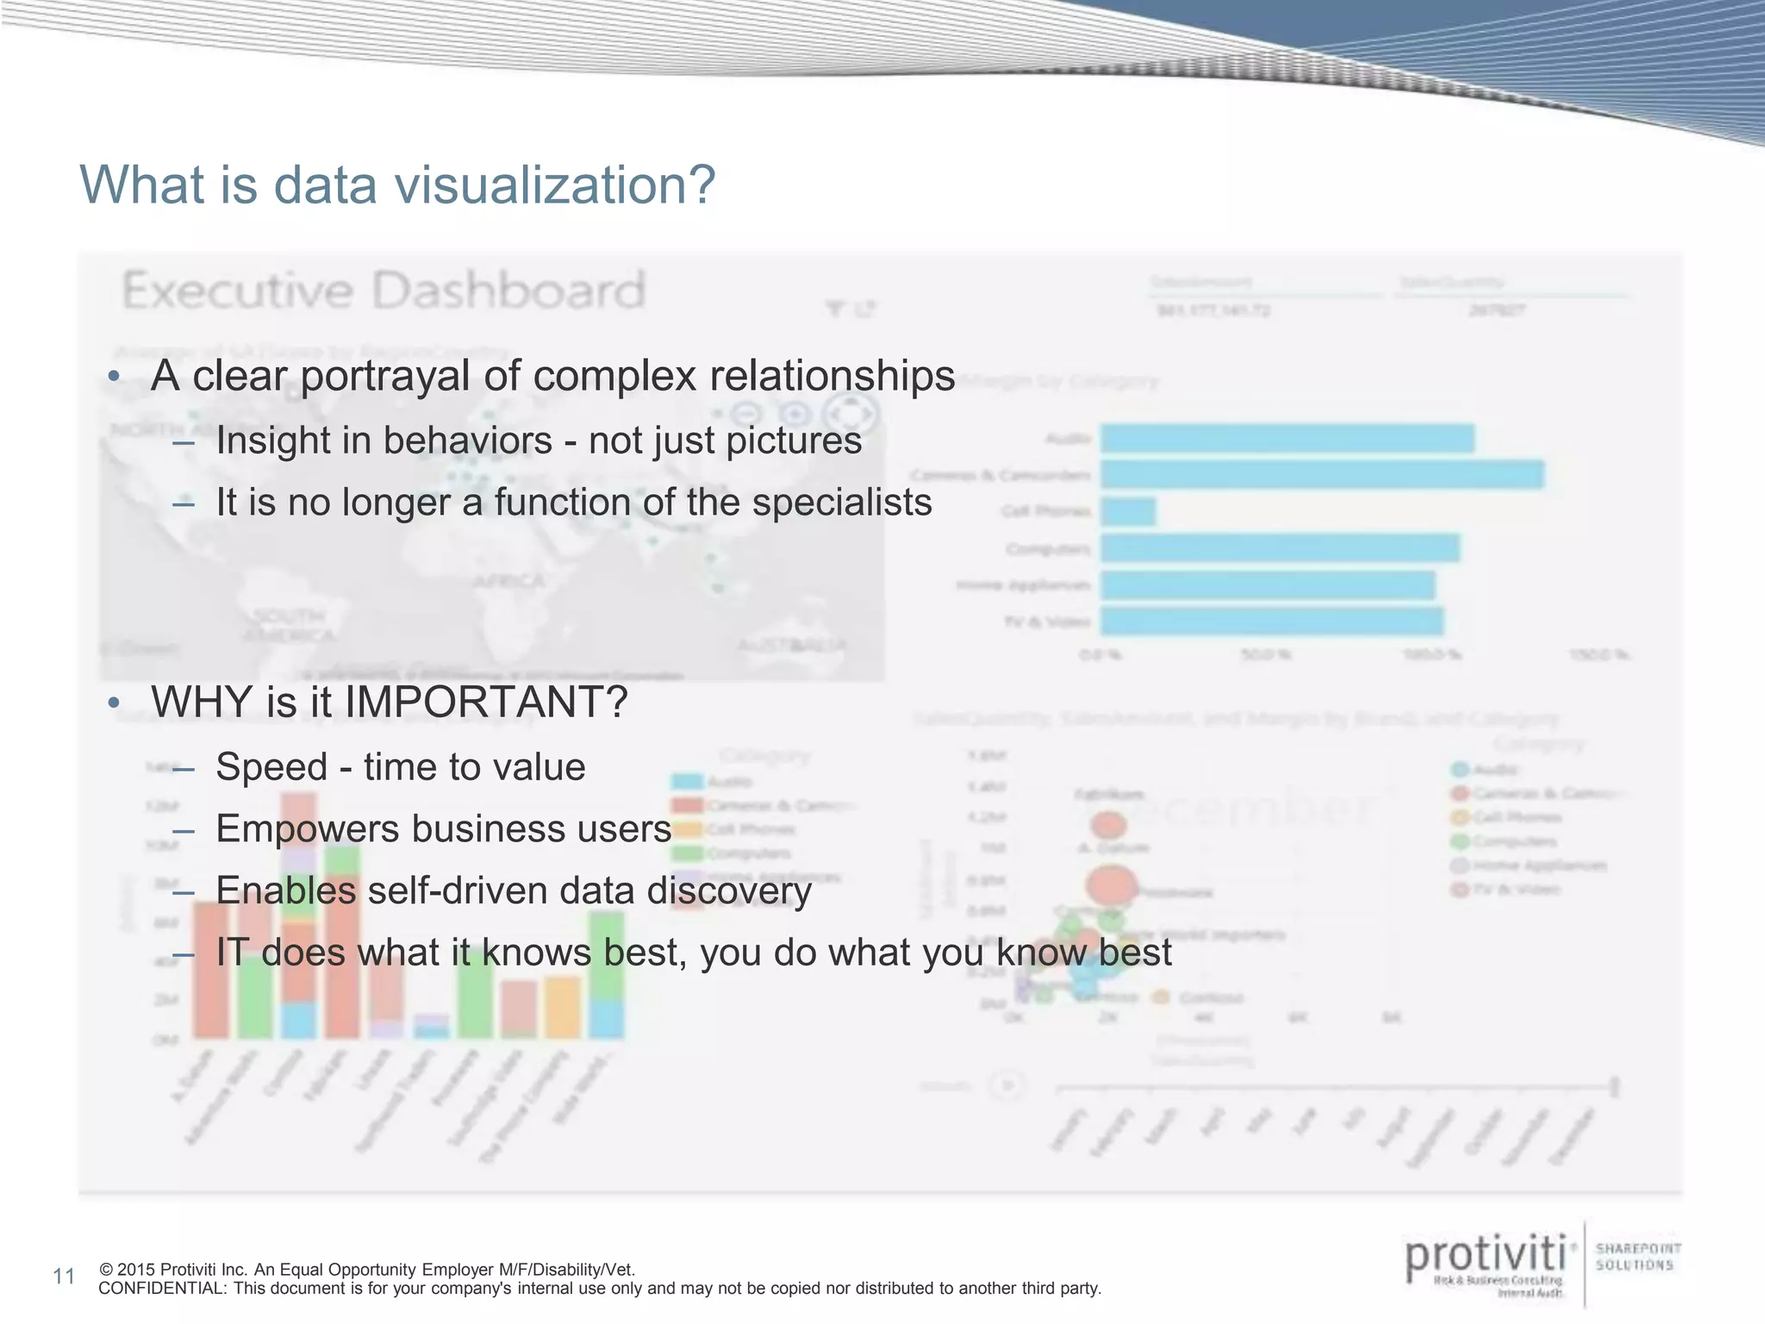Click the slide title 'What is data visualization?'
(397, 185)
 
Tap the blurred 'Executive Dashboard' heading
(384, 290)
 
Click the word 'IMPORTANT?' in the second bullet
(486, 702)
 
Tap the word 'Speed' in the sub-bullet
(271, 767)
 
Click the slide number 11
(64, 1277)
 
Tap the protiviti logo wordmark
(1486, 1258)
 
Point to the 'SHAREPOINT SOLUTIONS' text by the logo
(1637, 1257)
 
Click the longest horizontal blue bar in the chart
(1322, 475)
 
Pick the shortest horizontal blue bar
(1128, 512)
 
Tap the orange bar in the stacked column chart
(562, 1008)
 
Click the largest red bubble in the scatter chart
(1112, 885)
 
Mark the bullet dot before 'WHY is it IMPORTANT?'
(114, 703)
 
